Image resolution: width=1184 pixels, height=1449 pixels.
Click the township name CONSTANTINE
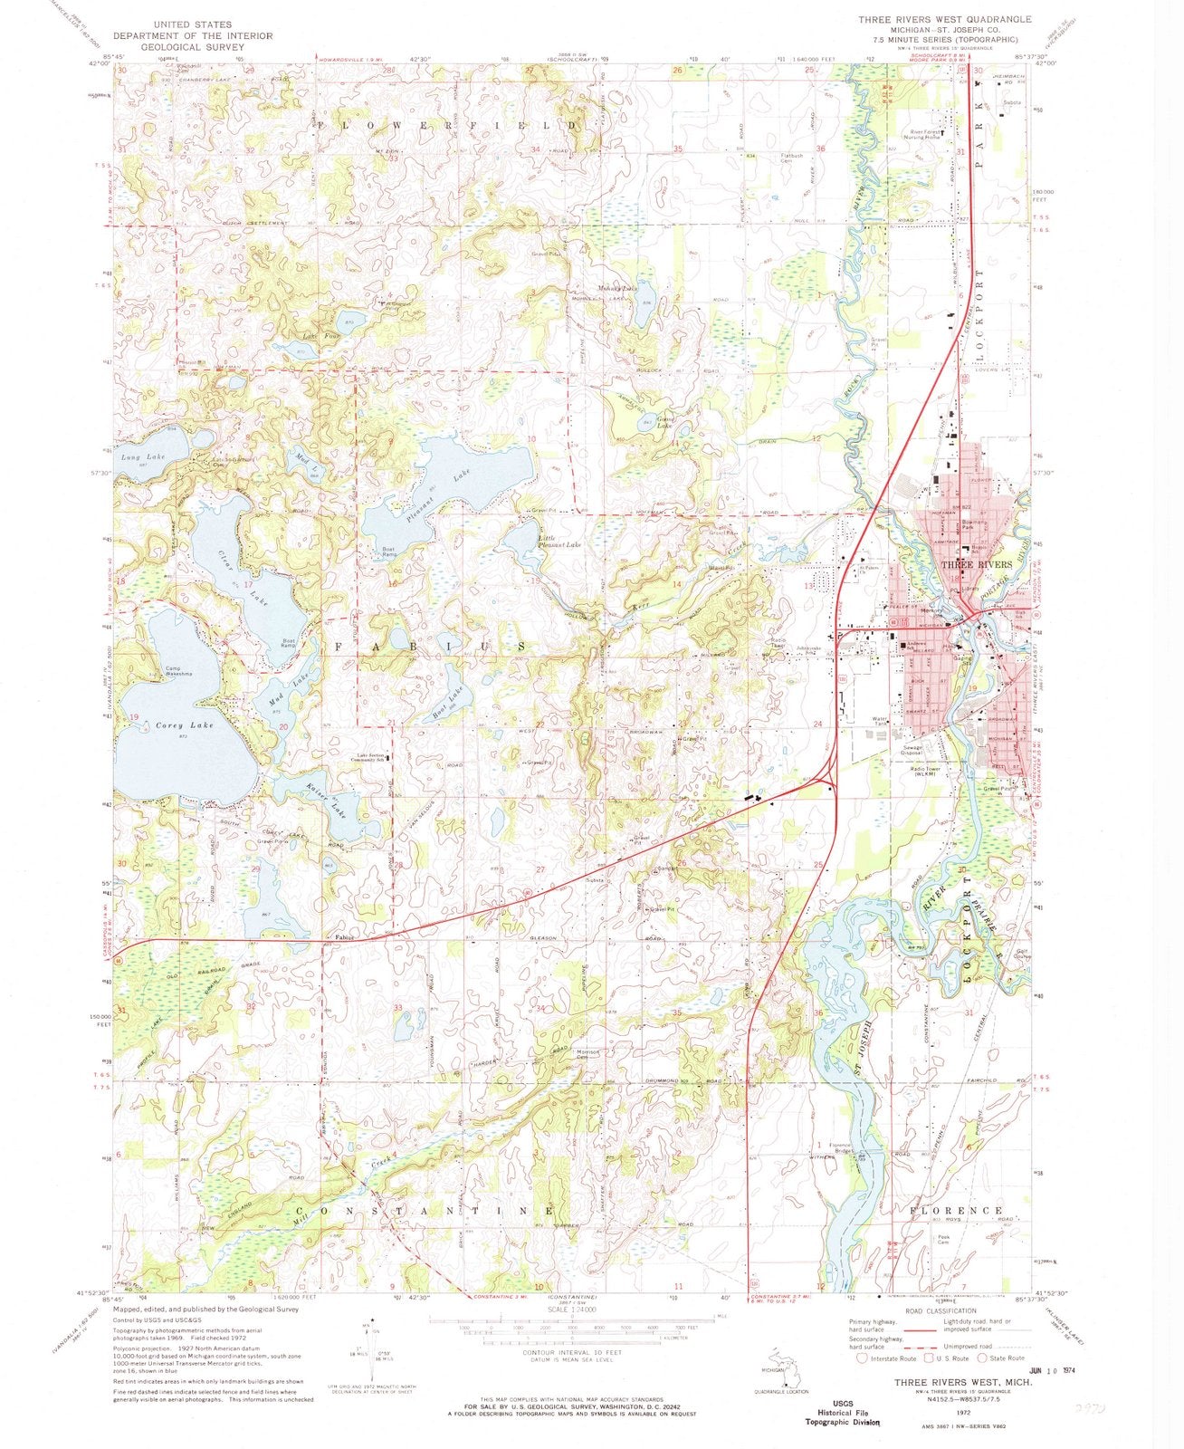tap(425, 1210)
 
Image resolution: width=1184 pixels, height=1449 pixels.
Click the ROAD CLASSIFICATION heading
tap(933, 1310)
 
